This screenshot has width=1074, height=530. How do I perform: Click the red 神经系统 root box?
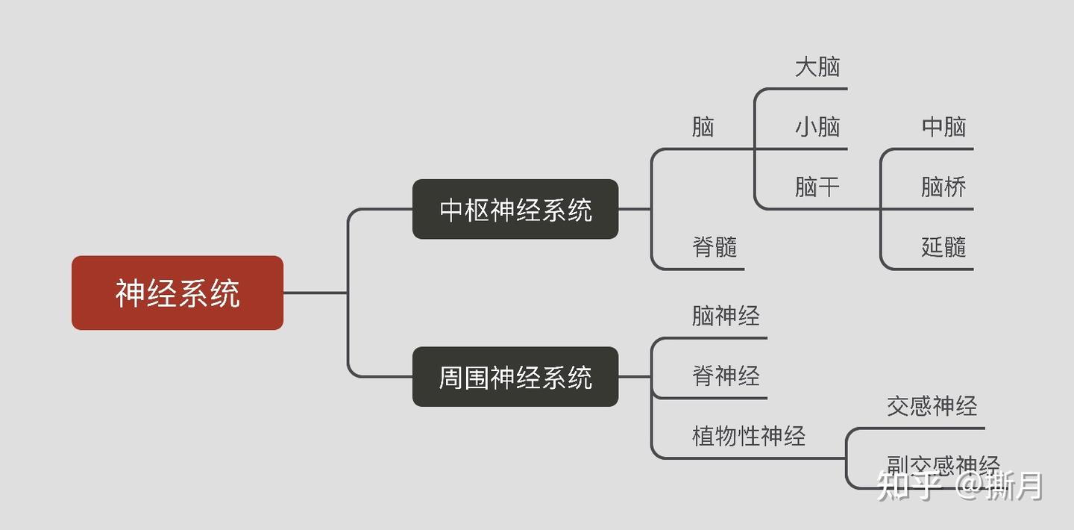pos(178,293)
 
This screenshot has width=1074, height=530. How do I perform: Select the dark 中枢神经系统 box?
pos(515,210)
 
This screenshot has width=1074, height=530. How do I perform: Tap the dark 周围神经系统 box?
pos(515,377)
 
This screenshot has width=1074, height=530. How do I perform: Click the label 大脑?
pos(817,67)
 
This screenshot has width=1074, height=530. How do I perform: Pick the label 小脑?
pos(817,127)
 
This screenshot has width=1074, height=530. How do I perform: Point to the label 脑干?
pos(817,187)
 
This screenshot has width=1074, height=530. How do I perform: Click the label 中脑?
pos(943,127)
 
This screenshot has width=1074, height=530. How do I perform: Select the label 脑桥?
pos(943,187)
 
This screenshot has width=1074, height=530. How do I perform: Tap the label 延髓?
pos(943,246)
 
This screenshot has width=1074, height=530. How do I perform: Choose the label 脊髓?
pos(715,246)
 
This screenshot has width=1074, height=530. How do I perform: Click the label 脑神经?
pos(726,316)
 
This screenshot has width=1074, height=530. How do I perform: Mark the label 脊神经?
pos(726,375)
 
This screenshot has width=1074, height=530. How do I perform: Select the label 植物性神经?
pos(749,436)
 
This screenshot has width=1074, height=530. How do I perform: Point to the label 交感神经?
pos(932,406)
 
